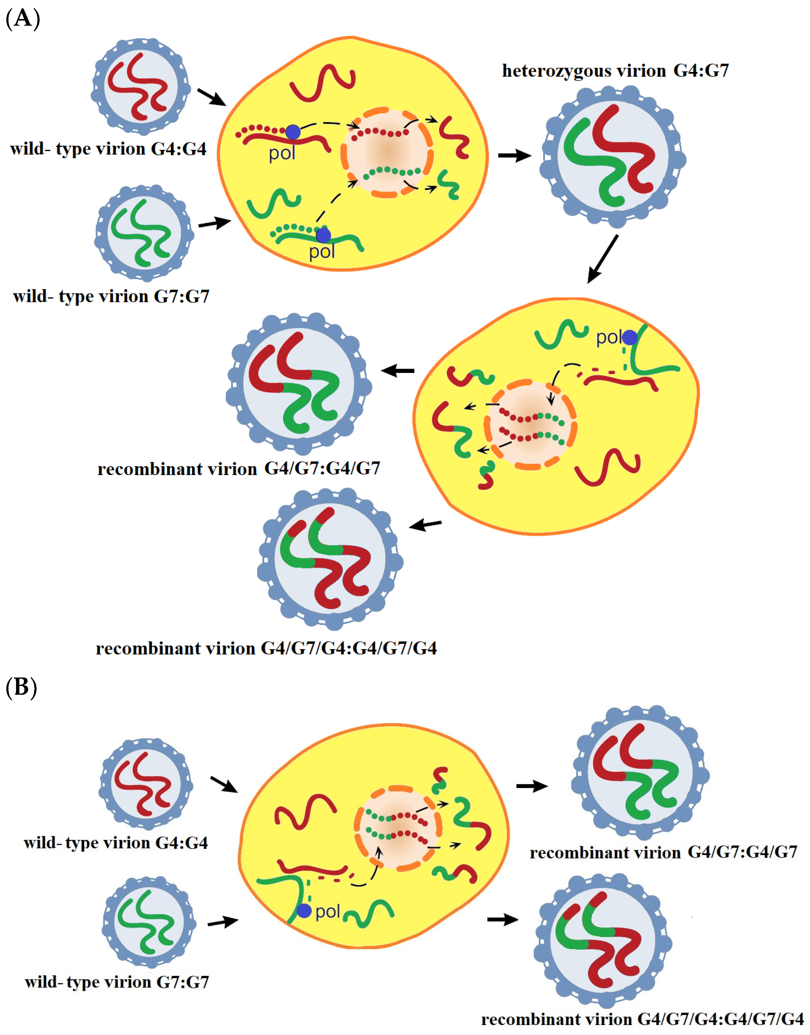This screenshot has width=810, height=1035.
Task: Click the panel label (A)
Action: pos(22,19)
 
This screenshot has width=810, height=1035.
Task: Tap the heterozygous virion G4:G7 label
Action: pos(615,71)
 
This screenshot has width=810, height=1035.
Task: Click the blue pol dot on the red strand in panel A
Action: pos(293,132)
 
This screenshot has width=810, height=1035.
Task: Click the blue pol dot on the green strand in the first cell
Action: pos(323,235)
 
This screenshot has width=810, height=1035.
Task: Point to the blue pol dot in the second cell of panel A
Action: pos(629,338)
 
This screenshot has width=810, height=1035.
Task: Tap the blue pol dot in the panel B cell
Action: pos(304,910)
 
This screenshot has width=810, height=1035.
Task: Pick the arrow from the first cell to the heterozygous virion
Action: pos(514,155)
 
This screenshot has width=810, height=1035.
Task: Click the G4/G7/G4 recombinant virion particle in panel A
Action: pos(330,559)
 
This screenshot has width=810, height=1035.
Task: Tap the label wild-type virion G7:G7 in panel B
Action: pos(117,982)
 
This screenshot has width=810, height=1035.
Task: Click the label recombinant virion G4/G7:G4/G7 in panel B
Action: pos(663,852)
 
